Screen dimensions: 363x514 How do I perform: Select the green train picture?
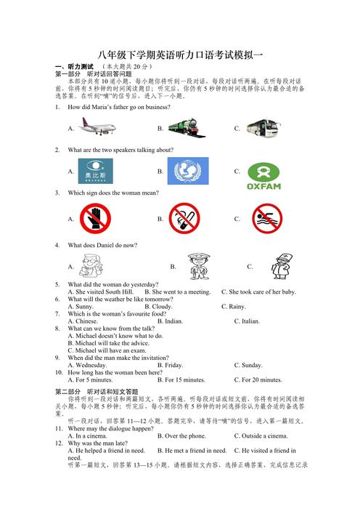coord(188,128)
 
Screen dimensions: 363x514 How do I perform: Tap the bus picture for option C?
coord(263,128)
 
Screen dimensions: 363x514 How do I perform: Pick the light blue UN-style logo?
coord(188,172)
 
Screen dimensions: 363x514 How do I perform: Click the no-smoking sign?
coord(184,218)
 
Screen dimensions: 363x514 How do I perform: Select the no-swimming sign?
coord(266,218)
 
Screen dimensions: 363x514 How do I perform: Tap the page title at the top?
coord(181,55)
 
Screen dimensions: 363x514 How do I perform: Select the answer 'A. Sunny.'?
coord(81,307)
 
